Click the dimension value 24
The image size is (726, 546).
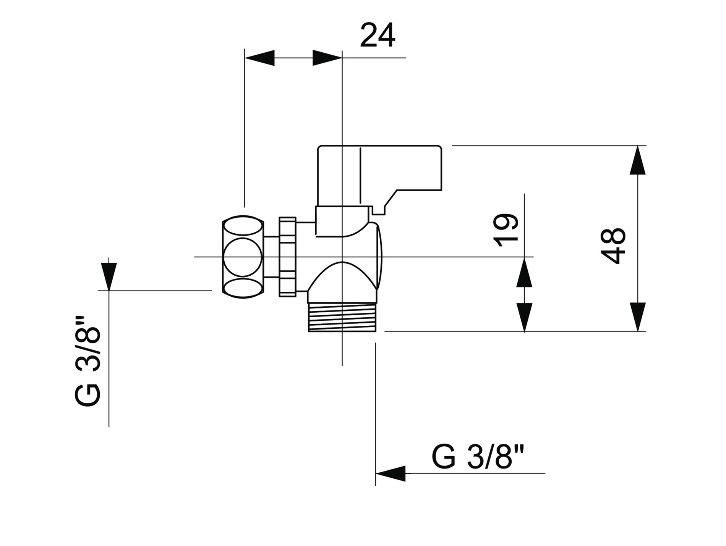[x=378, y=35]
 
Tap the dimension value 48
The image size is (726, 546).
[x=613, y=246]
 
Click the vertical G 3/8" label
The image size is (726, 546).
[x=88, y=361]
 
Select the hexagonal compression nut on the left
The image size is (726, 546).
[x=243, y=257]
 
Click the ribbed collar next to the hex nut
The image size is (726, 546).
[x=287, y=257]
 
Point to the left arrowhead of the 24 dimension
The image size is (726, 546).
[x=259, y=58]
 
